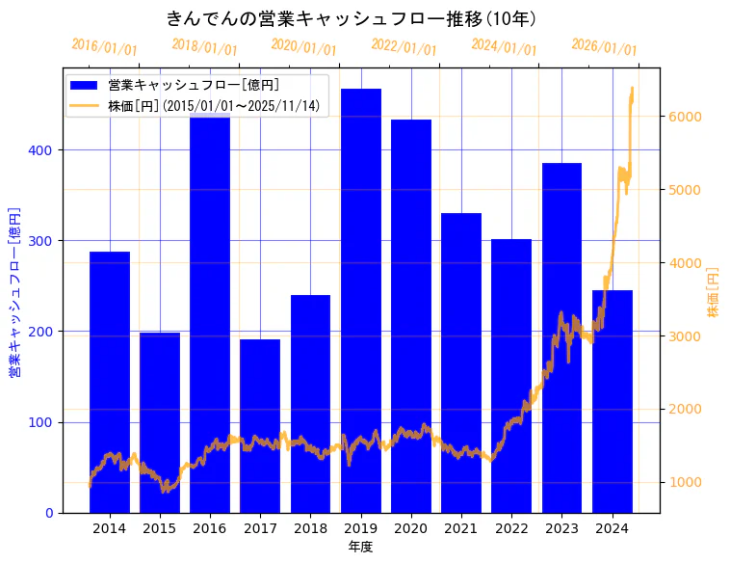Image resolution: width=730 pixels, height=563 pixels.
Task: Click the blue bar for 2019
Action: pos(361,300)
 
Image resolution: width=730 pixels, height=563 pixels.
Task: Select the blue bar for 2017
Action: pos(260,425)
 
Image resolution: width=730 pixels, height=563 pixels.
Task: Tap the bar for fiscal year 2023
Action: pos(561,337)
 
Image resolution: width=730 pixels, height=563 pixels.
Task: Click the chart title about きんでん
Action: pos(352,18)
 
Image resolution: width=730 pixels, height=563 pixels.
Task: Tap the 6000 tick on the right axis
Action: pos(683,117)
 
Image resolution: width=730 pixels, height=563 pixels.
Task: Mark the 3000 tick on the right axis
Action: pos(683,336)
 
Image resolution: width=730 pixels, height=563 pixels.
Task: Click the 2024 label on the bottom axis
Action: pos(612,527)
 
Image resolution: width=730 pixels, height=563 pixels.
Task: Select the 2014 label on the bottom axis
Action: pos(109,527)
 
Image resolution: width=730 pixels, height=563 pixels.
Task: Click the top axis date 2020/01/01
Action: pos(303,47)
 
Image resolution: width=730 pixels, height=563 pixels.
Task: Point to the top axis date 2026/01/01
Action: pos(604,47)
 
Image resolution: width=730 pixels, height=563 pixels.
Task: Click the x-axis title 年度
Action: pos(360,547)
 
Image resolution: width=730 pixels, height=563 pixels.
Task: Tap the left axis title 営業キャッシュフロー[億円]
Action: pos(15,290)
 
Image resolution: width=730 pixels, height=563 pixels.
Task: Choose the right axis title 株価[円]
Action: pos(714,292)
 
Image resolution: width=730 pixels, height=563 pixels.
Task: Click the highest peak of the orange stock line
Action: pos(632,89)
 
